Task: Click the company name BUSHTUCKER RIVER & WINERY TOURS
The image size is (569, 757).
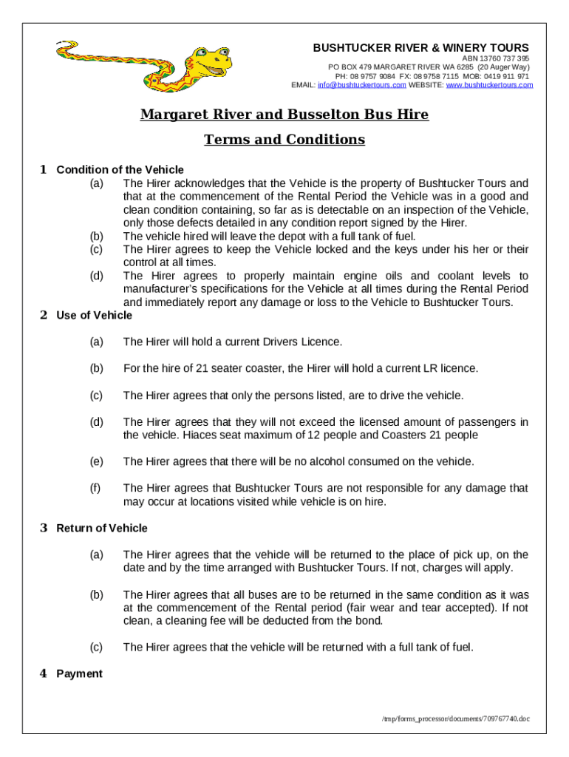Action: click(x=420, y=48)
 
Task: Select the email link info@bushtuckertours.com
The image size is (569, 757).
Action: click(x=361, y=85)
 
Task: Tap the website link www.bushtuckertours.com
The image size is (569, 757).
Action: click(x=489, y=85)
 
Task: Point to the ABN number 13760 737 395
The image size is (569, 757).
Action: click(x=505, y=58)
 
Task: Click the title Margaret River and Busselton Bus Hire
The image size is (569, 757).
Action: click(x=284, y=115)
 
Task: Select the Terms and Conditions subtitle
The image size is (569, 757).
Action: click(x=284, y=140)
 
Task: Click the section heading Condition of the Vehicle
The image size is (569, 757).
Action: click(x=120, y=169)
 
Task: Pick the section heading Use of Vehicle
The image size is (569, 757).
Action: click(x=94, y=315)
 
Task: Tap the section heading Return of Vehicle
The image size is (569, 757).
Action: click(x=102, y=528)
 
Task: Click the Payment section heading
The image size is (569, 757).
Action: click(x=79, y=673)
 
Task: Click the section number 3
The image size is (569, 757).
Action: click(x=44, y=528)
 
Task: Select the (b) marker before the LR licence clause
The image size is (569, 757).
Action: click(x=96, y=368)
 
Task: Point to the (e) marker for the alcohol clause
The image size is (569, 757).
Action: click(x=96, y=461)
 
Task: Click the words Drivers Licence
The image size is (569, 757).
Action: click(x=307, y=342)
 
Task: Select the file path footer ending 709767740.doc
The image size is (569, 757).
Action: click(x=457, y=718)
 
